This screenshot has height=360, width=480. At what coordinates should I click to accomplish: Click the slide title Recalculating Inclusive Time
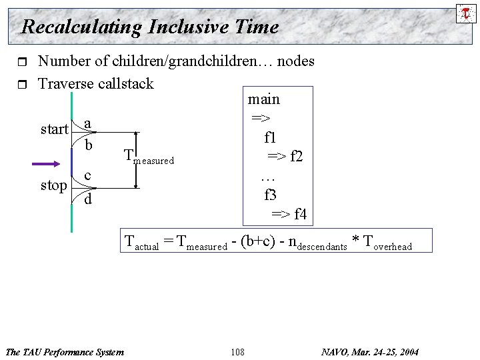point(150,27)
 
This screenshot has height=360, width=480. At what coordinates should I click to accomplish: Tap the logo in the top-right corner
point(464,13)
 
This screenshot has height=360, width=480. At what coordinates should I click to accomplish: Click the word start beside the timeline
point(54,129)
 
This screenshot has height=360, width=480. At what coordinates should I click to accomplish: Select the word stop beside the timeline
point(54,185)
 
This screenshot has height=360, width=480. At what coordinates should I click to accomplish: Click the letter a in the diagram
point(88,123)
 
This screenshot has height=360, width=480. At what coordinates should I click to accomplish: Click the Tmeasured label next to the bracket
point(149,157)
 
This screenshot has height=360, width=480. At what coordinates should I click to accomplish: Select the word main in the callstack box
point(264,99)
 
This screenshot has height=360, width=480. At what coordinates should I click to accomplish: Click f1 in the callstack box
point(270,139)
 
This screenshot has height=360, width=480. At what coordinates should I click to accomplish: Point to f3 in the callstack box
point(271,195)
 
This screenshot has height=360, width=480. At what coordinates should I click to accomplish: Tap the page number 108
point(237,351)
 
